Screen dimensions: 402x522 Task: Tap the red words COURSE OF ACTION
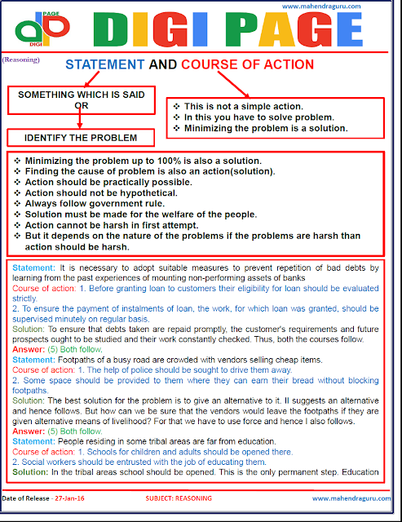pyautogui.click(x=247, y=64)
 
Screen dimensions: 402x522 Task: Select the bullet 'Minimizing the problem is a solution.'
pyautogui.click(x=266, y=128)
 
